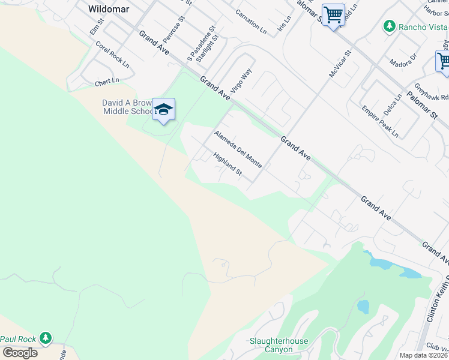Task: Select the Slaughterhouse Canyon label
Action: (x=279, y=345)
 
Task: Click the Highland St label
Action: (x=228, y=164)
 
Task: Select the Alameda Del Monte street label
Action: (x=238, y=148)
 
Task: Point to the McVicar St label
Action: (x=339, y=63)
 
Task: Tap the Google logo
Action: (x=20, y=352)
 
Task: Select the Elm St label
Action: (x=96, y=26)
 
